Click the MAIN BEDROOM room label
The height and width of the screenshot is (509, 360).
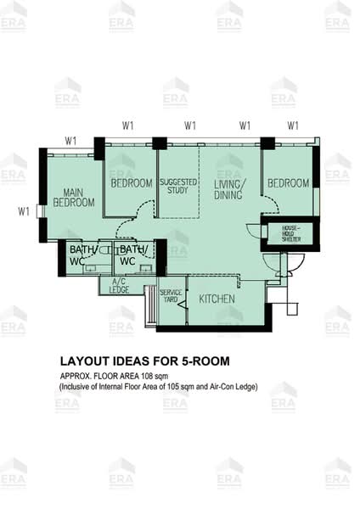(74, 197)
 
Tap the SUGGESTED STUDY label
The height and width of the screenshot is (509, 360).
(178, 187)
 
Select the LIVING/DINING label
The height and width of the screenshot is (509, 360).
(229, 189)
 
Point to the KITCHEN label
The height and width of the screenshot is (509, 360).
(217, 299)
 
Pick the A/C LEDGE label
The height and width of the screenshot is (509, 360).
(119, 285)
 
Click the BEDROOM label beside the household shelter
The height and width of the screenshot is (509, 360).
(289, 183)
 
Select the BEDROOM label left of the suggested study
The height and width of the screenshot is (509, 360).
(131, 183)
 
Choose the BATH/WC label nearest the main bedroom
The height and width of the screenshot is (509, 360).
(84, 255)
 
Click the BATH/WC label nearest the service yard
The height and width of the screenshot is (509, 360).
(132, 255)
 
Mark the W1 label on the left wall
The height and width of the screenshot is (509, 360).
(25, 210)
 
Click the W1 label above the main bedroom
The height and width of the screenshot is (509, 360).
(71, 140)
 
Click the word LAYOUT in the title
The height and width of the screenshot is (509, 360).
(86, 361)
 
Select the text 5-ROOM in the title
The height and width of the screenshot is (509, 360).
(205, 361)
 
